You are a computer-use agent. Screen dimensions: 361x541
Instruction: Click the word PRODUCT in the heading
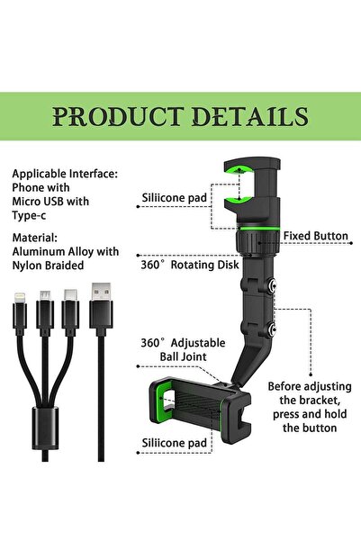118,117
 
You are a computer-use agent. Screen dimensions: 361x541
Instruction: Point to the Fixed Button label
316,236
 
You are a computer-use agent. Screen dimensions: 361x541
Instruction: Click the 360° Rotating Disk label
190,265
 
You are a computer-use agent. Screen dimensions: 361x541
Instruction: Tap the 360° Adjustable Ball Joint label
183,350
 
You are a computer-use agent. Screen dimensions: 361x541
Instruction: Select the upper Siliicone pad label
175,198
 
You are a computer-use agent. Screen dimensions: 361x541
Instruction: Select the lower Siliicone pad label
175,443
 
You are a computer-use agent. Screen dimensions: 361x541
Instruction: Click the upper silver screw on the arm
272,285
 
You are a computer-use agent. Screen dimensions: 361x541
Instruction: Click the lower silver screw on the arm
272,329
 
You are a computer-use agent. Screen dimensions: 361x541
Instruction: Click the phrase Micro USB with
50,202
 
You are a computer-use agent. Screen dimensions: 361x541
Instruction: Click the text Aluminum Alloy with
66,251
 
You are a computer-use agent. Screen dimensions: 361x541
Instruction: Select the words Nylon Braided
48,266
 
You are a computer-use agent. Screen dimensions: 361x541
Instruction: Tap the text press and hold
310,414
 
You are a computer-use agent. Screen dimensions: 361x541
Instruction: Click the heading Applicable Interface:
65,174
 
